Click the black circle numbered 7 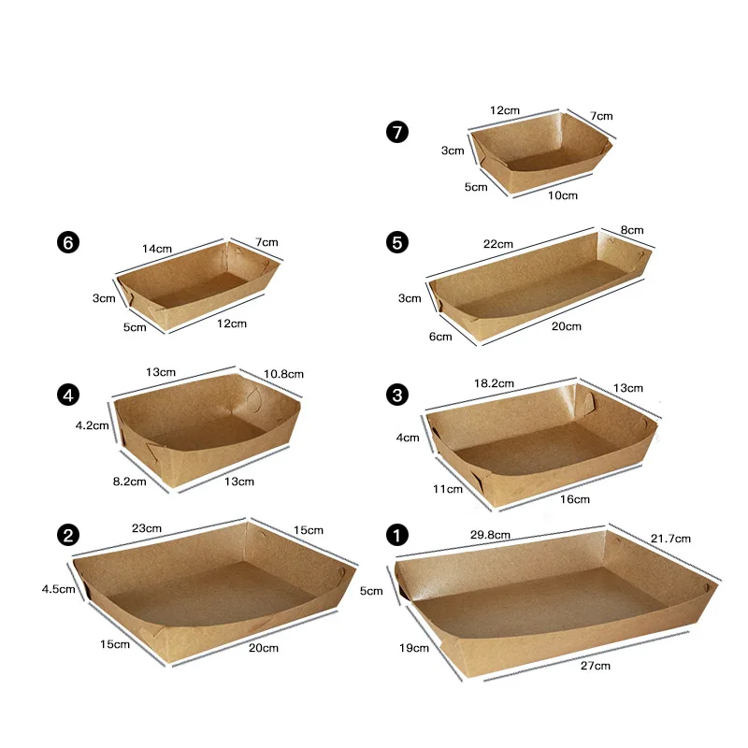397,132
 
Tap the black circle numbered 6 66,242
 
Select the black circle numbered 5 397,242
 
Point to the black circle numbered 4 66,395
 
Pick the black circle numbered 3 397,395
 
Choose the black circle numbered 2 66,535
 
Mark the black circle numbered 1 397,535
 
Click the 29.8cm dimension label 489,535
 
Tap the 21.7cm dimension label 670,538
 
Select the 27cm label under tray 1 595,666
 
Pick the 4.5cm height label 58,589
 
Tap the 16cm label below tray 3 575,499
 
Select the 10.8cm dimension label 284,374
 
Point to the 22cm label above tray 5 498,244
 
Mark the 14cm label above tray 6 157,249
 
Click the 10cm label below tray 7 563,195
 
